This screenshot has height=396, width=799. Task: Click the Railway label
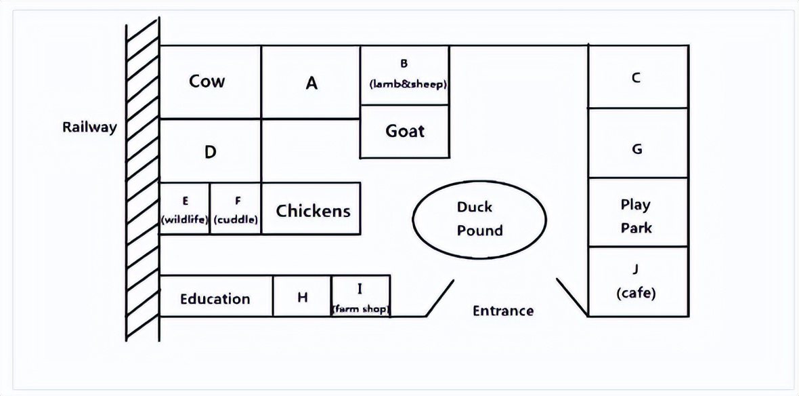[89, 127]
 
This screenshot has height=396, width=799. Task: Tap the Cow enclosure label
[207, 82]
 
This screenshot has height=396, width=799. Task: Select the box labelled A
[311, 83]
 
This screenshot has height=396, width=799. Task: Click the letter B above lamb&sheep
[404, 64]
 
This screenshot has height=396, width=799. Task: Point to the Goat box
[405, 131]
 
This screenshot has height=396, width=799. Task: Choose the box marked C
[636, 77]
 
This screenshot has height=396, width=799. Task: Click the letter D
[210, 152]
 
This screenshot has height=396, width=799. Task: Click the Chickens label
[313, 211]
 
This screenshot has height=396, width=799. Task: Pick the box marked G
[637, 149]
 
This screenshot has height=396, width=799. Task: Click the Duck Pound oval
[479, 218]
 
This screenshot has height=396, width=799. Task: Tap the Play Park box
[636, 216]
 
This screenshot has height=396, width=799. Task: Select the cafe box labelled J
[636, 281]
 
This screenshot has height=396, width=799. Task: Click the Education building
[215, 298]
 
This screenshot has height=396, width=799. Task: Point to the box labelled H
[302, 297]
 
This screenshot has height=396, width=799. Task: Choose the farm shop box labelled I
[360, 296]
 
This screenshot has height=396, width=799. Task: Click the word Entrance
[503, 311]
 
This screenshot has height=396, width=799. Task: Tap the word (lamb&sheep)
[409, 85]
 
